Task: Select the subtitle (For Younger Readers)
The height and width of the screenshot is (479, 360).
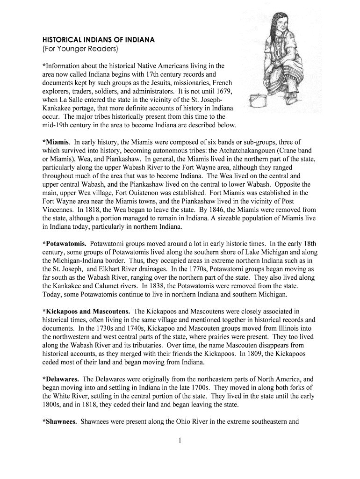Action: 80,49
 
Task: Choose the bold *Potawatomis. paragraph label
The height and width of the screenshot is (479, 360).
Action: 64,244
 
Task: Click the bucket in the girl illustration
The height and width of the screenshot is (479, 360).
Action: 255,100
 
